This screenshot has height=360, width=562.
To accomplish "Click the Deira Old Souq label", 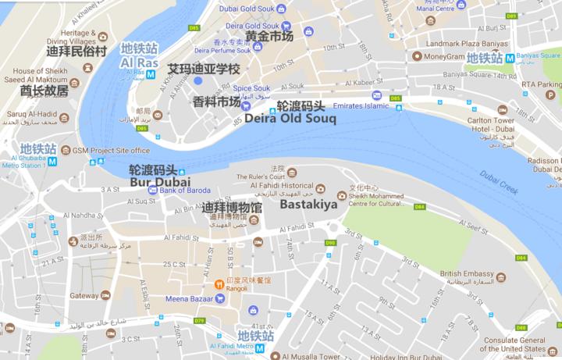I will tap(290, 119).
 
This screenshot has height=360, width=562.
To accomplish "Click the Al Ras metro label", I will tap(140, 62).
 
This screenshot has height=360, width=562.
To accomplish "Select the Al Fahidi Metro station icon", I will tap(259, 349).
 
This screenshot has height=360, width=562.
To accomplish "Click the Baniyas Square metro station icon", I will tap(510, 58).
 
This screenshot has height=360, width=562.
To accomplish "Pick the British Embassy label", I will tap(467, 274).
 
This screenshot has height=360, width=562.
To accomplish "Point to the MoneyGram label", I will tap(446, 56).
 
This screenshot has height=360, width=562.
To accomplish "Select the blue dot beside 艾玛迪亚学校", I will tap(197, 80).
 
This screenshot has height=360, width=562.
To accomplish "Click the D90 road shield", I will tap(330, 243).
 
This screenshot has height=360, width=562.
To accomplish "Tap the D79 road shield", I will tap(199, 321).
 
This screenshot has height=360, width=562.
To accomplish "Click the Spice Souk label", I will tap(251, 87).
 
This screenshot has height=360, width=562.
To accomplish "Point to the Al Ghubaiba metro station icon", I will tap(52, 162).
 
